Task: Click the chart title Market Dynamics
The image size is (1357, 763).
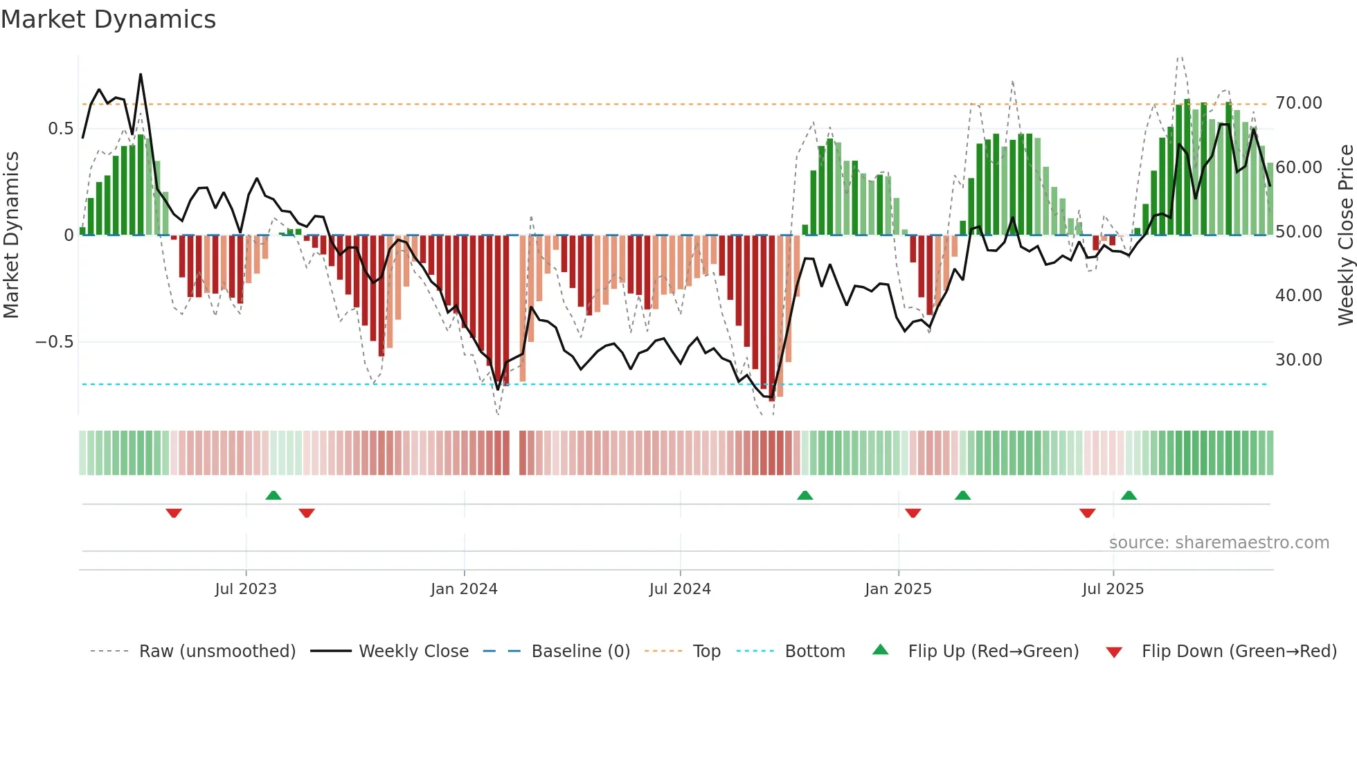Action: (x=109, y=19)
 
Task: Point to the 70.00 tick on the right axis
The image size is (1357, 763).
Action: (x=1298, y=103)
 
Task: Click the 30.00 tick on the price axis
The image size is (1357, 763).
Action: (x=1298, y=360)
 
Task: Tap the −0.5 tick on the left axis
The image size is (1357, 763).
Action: (x=54, y=342)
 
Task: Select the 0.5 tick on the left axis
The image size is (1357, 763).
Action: (x=60, y=129)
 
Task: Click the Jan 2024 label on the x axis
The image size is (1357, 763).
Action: (x=464, y=589)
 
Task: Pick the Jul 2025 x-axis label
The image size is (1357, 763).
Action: (x=1113, y=589)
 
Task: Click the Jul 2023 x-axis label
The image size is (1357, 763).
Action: (x=246, y=589)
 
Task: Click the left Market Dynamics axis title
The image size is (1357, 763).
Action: (x=12, y=235)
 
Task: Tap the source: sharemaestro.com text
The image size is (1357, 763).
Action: (x=1219, y=543)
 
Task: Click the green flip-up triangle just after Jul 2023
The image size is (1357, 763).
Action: (x=273, y=495)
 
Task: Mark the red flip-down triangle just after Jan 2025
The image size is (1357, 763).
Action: (x=913, y=513)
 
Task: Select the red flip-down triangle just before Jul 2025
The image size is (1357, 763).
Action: (x=1087, y=513)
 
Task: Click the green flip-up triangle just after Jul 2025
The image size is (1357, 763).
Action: (x=1129, y=495)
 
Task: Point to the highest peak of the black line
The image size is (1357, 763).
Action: (x=141, y=74)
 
